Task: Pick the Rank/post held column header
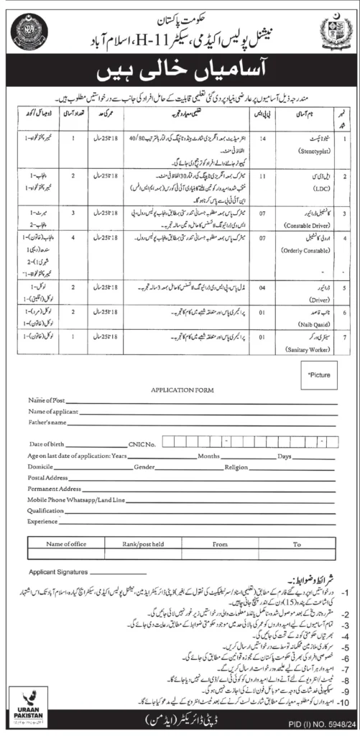(142, 545)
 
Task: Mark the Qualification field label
(47, 507)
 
